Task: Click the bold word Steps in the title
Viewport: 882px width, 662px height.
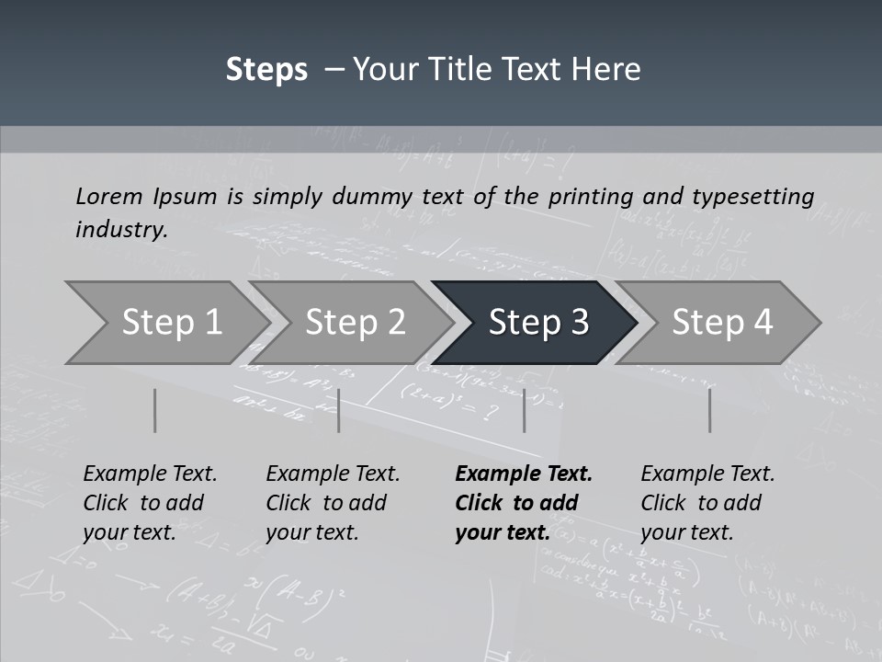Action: click(x=266, y=70)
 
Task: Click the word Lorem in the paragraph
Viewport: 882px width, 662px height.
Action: click(x=107, y=196)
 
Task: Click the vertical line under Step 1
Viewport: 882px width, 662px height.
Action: click(x=154, y=410)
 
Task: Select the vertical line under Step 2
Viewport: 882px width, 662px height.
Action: click(x=339, y=410)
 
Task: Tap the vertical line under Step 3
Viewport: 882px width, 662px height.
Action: click(x=524, y=410)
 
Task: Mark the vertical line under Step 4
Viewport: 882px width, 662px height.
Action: click(x=709, y=410)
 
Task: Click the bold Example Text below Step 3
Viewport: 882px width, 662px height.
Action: click(x=524, y=474)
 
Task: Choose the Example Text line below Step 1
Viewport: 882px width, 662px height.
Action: click(x=150, y=474)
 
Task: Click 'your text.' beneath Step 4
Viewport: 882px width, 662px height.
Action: click(x=686, y=532)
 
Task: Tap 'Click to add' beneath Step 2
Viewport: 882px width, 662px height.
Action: click(x=326, y=503)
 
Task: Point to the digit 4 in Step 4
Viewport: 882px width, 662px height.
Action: click(x=763, y=323)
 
